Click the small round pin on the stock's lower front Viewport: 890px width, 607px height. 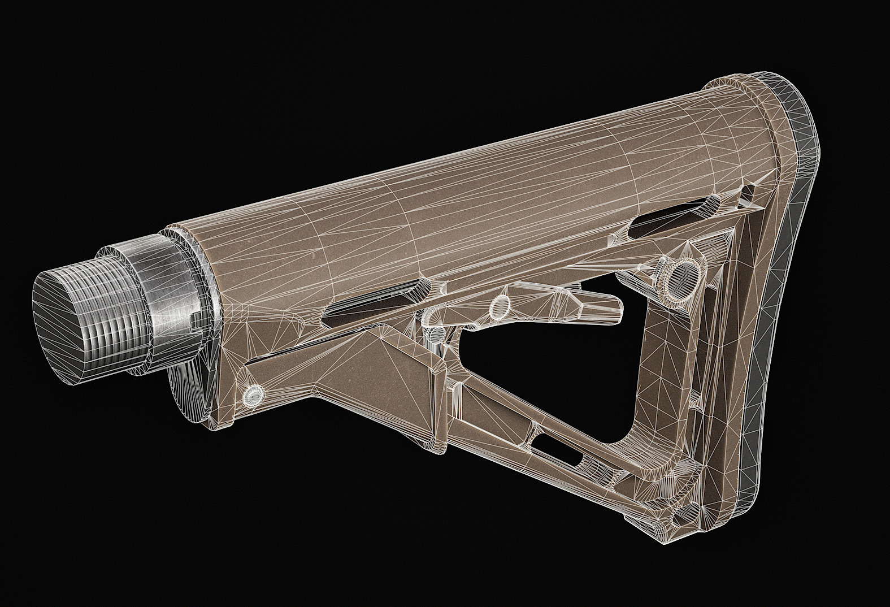click(253, 394)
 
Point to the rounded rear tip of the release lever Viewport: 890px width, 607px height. click(616, 306)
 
